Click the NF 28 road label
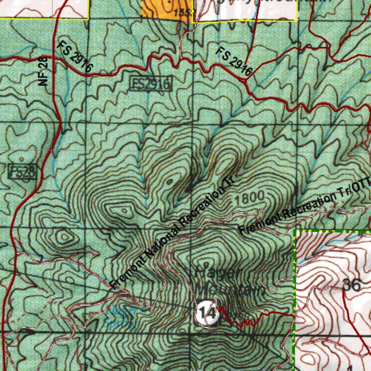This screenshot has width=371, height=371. (43, 71)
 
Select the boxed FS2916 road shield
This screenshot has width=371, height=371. (150, 84)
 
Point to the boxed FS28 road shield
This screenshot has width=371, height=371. (22, 171)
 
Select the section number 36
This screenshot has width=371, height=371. (351, 285)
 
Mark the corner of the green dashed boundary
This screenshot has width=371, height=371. (295, 230)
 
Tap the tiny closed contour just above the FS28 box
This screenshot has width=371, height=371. (22, 159)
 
